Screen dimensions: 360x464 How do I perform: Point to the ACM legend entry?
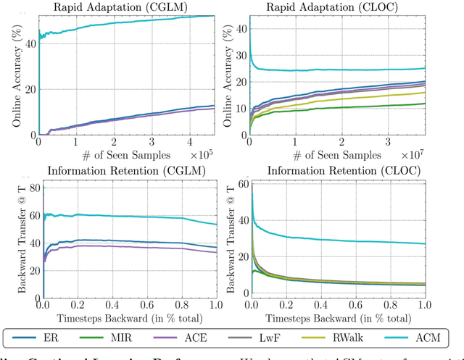pyautogui.click(x=432, y=338)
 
